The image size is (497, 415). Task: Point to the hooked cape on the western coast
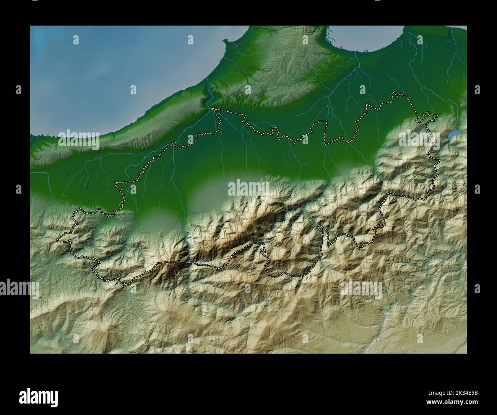226,41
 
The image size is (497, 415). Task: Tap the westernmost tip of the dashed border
58,240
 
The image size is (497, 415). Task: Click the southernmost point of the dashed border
123,286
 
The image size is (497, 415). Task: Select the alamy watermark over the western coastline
79,141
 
